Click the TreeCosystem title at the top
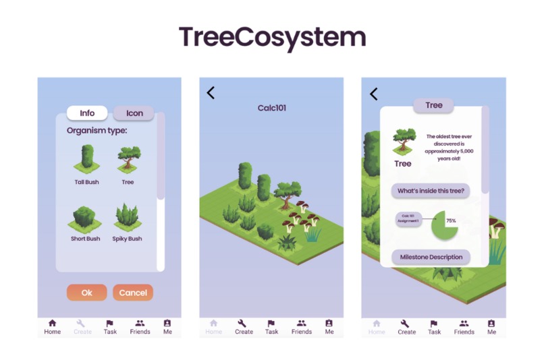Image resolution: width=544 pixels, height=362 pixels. [x=272, y=36]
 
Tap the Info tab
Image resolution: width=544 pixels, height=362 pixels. [x=87, y=113]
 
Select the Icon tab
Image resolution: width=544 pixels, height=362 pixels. [x=134, y=113]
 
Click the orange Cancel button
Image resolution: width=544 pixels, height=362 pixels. [x=133, y=293]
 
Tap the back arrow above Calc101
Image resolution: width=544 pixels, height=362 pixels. [x=211, y=93]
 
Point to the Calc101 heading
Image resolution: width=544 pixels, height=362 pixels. [x=272, y=108]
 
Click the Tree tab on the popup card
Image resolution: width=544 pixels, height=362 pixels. [x=433, y=106]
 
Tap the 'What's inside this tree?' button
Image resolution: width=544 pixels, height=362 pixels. [x=431, y=191]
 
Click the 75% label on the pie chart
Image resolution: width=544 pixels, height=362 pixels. [x=450, y=221]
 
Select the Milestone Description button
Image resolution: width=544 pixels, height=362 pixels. [x=431, y=257]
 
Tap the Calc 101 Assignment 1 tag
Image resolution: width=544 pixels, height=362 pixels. [x=408, y=219]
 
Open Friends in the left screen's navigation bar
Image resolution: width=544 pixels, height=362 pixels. [x=140, y=327]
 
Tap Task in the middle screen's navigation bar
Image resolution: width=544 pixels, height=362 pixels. [x=271, y=327]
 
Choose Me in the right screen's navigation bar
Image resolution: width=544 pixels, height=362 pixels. [x=491, y=327]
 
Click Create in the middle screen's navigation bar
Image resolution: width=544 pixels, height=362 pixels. [x=244, y=327]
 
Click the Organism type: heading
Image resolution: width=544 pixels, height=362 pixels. [x=97, y=131]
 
